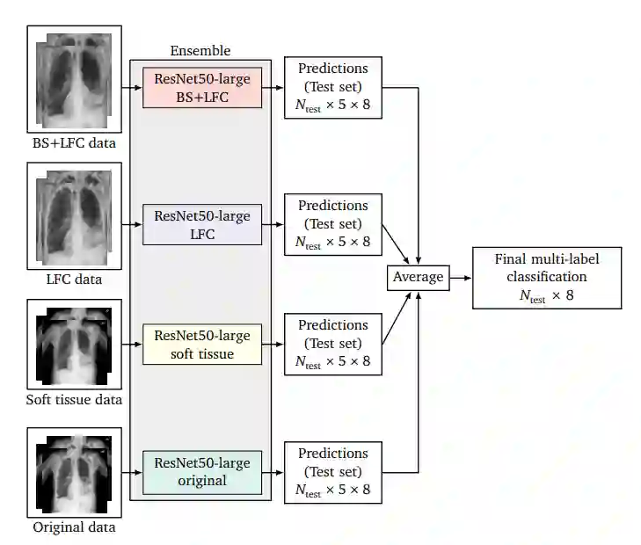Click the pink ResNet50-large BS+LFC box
(x=202, y=88)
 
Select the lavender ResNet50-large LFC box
(x=202, y=224)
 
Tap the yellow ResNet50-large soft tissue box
(x=202, y=345)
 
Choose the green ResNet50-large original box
(x=202, y=472)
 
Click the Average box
(x=417, y=278)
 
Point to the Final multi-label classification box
(x=546, y=278)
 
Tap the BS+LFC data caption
(x=74, y=142)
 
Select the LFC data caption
(x=74, y=280)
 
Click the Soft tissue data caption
(x=74, y=401)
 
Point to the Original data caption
(x=74, y=527)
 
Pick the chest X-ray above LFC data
(x=74, y=217)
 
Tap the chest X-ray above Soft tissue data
(x=74, y=345)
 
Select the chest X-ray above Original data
(x=74, y=472)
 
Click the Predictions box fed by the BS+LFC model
(x=333, y=88)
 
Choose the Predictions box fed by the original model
(x=333, y=472)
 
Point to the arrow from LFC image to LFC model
(x=128, y=224)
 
